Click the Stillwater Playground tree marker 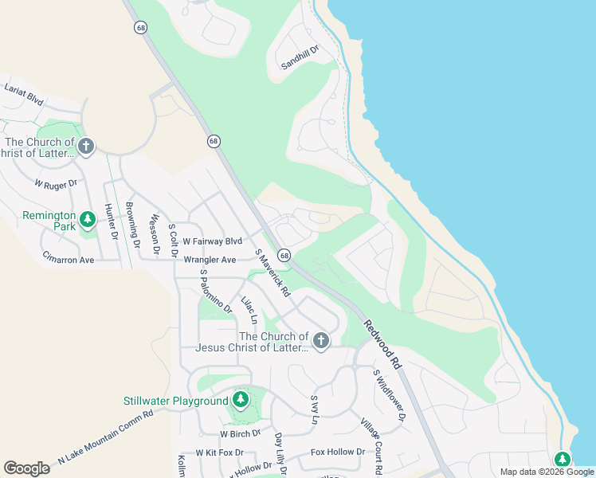(240, 400)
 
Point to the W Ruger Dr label (55, 183)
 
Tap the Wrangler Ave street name (210, 260)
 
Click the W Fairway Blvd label (212, 241)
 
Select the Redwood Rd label (383, 344)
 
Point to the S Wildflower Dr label (390, 395)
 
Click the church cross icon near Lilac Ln (320, 341)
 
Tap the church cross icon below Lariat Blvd (86, 147)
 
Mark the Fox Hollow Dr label (338, 452)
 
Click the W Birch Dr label (240, 433)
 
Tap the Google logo (26, 468)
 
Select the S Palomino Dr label (216, 291)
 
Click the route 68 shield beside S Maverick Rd (284, 255)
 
